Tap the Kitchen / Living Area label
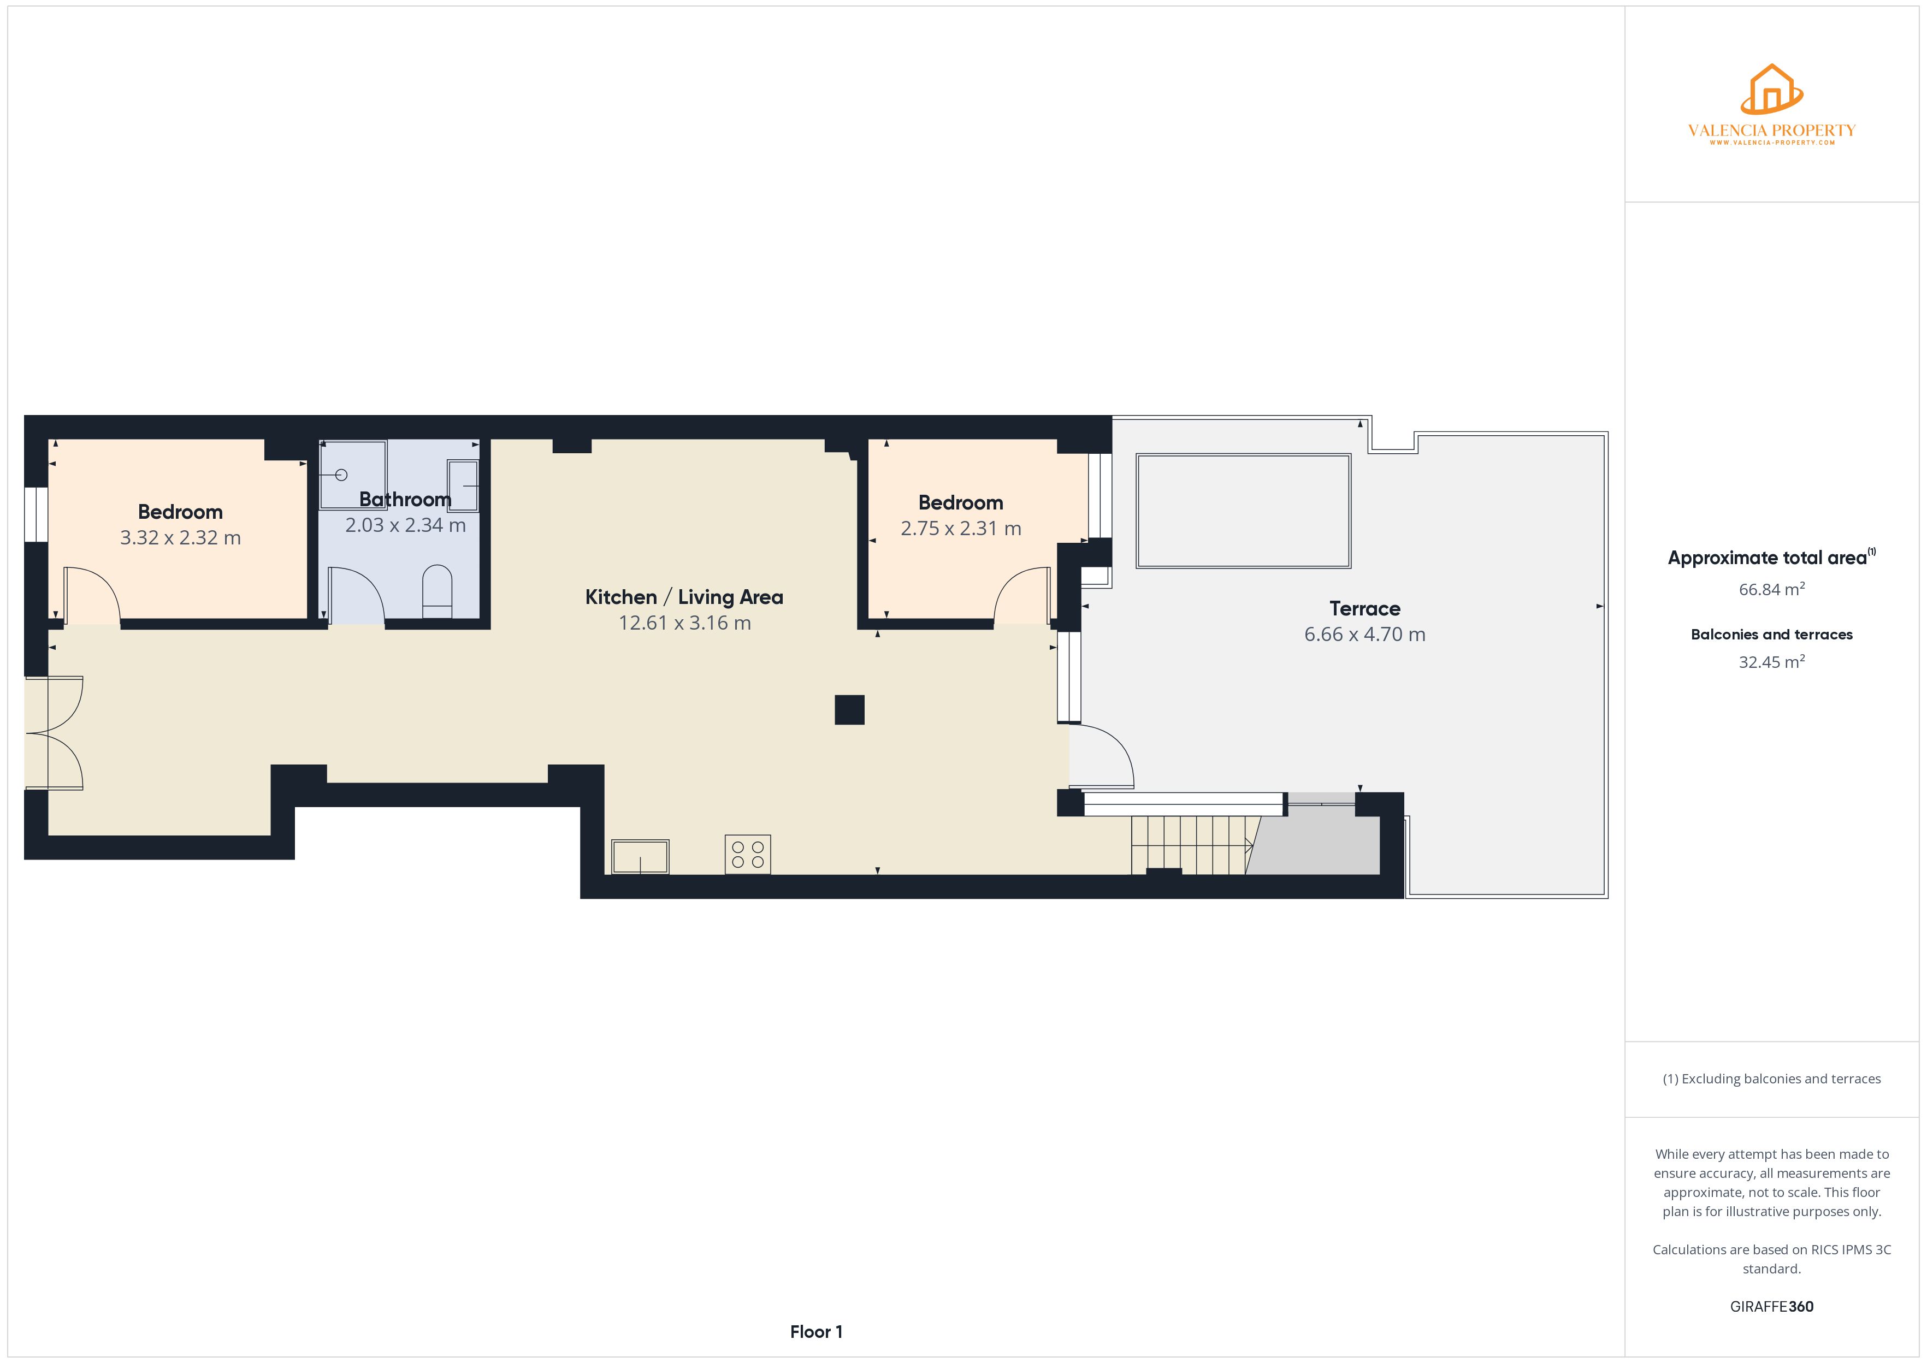[x=684, y=597]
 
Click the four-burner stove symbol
[x=748, y=855]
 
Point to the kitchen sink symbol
[x=640, y=857]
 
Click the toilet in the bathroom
[x=438, y=592]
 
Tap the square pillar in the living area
[x=849, y=710]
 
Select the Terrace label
[x=1364, y=608]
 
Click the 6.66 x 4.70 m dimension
[x=1364, y=635]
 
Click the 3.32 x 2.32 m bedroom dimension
[x=180, y=538]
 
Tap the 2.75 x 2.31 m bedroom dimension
[x=961, y=529]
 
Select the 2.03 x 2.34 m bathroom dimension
[x=405, y=525]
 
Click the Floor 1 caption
[x=816, y=1332]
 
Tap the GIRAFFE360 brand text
[x=1772, y=1307]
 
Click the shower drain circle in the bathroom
[x=341, y=475]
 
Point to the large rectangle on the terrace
[x=1243, y=511]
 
